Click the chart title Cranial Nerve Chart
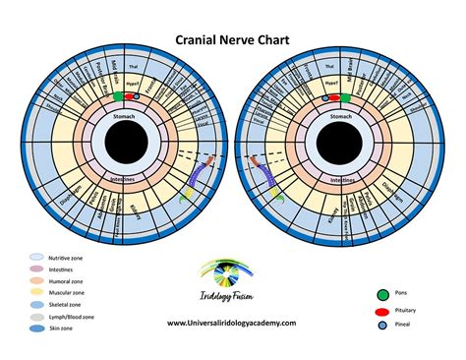tap(232, 42)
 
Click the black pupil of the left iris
tap(129, 149)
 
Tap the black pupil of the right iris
tap(338, 149)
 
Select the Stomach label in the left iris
tap(129, 116)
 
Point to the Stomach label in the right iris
tap(338, 116)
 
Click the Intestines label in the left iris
tap(129, 181)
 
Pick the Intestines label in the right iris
tap(338, 181)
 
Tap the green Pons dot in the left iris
tap(119, 96)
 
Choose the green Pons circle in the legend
tap(383, 293)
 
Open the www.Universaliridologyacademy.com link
tap(233, 323)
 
